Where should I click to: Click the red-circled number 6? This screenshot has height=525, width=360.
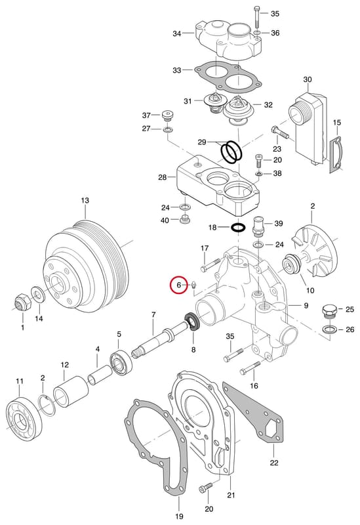(178, 285)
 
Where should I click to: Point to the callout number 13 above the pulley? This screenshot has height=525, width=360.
(85, 200)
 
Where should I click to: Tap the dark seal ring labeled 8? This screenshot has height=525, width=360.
(192, 322)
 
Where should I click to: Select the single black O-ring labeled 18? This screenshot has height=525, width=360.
(238, 228)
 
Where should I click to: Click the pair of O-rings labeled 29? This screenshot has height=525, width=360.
(231, 152)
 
